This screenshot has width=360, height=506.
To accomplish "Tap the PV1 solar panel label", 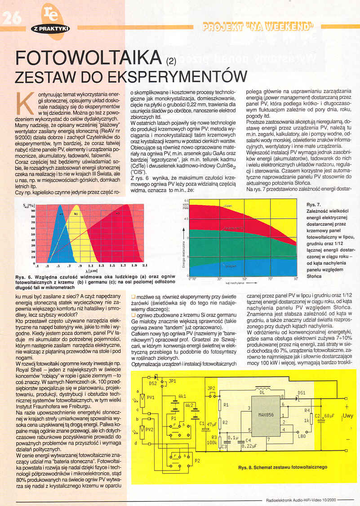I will tap(151, 397).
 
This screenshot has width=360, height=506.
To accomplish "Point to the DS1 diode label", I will tap(301, 392).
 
